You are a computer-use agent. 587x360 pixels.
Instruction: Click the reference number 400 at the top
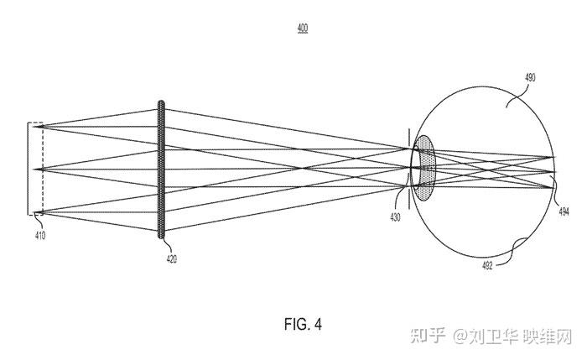[x=302, y=28]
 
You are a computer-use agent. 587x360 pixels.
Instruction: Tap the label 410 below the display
[x=40, y=236]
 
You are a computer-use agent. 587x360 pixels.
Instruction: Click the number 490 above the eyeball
[x=530, y=77]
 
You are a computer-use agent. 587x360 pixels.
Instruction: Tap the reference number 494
[x=563, y=213]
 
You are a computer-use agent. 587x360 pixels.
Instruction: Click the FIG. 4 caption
[x=303, y=323]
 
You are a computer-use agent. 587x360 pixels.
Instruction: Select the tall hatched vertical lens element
[x=161, y=169]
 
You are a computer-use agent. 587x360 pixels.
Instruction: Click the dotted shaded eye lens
[x=427, y=168]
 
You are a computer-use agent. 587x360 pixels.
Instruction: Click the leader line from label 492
[x=506, y=253]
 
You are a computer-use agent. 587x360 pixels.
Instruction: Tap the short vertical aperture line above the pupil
[x=408, y=138]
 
